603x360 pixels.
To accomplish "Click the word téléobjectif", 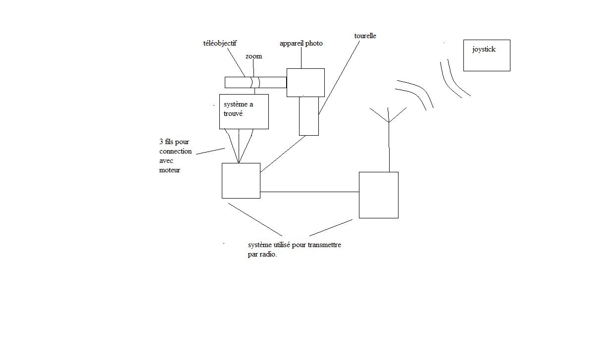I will pos(217,44).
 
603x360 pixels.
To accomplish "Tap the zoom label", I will pos(253,56).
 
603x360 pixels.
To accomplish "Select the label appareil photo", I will pos(301,44).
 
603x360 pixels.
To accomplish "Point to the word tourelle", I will pos(365,36).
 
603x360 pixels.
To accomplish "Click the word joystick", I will pos(484,50).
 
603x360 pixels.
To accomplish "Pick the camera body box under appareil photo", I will pos(305,82).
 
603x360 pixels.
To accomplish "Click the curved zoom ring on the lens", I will pos(255,82).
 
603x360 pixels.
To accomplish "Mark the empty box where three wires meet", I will pos(241,181).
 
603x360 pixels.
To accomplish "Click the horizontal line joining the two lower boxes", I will pos(309,192).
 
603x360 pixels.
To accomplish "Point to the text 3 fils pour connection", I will pos(175,147).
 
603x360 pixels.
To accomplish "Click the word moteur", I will pos(169,170).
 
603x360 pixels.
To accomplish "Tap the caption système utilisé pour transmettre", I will pos(294,245).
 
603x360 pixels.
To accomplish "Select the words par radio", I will pos(262,255).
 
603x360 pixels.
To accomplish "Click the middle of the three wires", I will pos(239,146).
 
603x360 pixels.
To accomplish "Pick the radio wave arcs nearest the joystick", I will pos(454,79).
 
